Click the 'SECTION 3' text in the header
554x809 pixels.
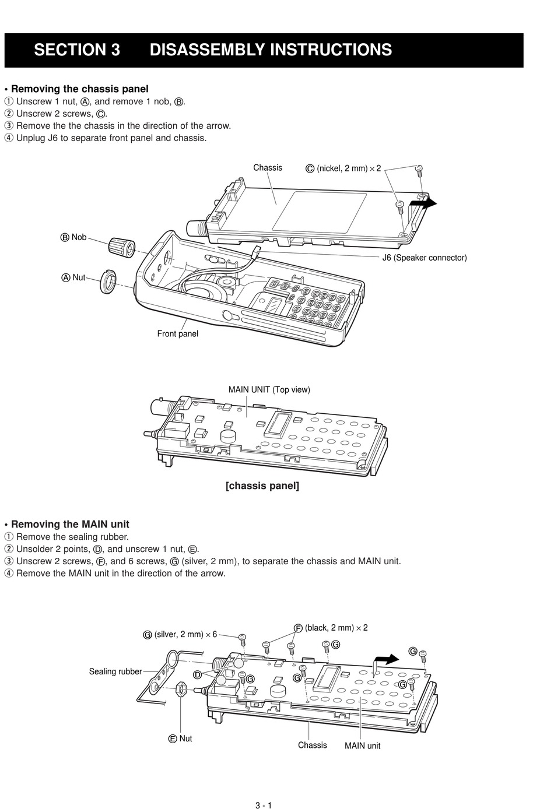pyautogui.click(x=77, y=50)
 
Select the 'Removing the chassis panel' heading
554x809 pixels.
pyautogui.click(x=80, y=89)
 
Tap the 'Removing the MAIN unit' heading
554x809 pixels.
pyautogui.click(x=70, y=525)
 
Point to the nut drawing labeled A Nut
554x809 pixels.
pyautogui.click(x=107, y=280)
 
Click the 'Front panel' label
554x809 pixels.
pyautogui.click(x=177, y=334)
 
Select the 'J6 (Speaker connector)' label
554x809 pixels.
pyautogui.click(x=424, y=258)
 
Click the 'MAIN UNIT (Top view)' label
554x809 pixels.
pyautogui.click(x=269, y=390)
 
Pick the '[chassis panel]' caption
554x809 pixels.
pyautogui.click(x=262, y=486)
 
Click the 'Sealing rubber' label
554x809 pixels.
pyautogui.click(x=115, y=671)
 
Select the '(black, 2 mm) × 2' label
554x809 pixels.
pyautogui.click(x=336, y=628)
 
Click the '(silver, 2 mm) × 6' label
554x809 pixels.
pyautogui.click(x=185, y=634)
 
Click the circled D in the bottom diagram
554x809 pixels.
pyautogui.click(x=197, y=674)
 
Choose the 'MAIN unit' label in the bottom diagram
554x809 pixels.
pyautogui.click(x=362, y=745)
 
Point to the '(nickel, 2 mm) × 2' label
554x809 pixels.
pyautogui.click(x=348, y=168)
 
